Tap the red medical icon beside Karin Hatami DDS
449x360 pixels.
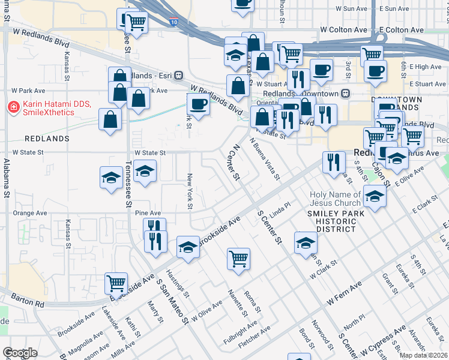(12, 108)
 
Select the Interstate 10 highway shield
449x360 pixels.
(173, 22)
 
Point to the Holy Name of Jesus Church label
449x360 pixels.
(336, 199)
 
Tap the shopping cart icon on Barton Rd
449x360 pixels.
(115, 282)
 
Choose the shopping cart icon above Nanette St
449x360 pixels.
(239, 259)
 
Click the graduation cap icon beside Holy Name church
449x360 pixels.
(375, 196)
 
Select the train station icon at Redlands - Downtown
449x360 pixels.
(345, 94)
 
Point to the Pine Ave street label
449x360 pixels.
(148, 213)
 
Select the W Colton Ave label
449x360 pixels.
(343, 29)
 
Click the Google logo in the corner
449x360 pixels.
(20, 353)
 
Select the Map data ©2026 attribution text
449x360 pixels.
(423, 355)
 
